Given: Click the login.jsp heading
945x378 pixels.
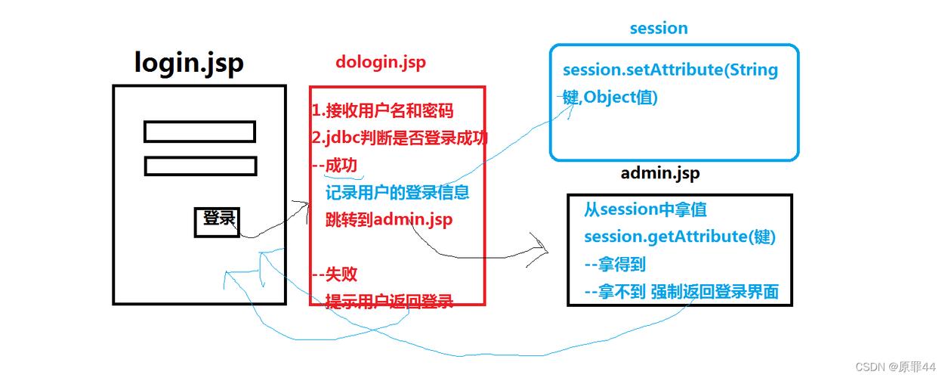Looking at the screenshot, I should [189, 63].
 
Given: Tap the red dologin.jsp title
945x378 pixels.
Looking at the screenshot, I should [381, 63].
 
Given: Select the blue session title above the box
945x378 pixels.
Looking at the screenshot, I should [659, 29].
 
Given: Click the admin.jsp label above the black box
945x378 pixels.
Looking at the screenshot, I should [660, 173].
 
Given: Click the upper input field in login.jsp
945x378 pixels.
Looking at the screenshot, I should [199, 132].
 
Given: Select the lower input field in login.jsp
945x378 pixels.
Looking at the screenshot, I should [200, 166].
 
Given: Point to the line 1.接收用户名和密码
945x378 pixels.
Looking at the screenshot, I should [383, 111].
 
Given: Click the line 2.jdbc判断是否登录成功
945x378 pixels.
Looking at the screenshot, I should [400, 138].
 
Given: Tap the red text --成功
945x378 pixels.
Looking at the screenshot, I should [335, 166].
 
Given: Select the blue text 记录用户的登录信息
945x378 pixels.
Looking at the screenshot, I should [397, 193].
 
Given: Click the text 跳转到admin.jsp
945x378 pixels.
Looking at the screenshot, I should [389, 220].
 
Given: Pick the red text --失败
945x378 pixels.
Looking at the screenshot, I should [335, 274].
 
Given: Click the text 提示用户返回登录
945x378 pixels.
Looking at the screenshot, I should [389, 302].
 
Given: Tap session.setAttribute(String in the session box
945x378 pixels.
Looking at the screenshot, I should [670, 70].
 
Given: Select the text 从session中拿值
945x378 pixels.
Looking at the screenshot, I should [645, 209].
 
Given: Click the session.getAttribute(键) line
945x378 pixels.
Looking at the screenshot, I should [680, 237].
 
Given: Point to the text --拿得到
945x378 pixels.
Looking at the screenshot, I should [615, 265].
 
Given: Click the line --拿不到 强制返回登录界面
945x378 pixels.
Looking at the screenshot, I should [681, 292].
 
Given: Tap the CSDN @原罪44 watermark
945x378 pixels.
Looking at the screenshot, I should [897, 367].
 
